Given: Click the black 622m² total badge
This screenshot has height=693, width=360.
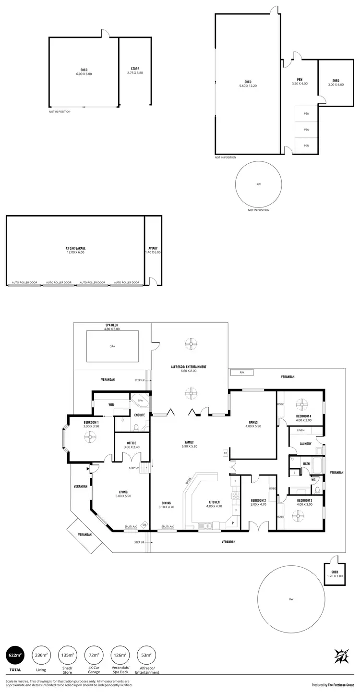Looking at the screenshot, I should [14, 655].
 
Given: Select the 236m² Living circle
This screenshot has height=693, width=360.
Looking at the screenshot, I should [41, 655].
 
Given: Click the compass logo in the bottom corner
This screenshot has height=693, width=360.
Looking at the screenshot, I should [341, 656].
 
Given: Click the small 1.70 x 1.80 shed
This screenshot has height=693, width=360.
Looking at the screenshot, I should [335, 574].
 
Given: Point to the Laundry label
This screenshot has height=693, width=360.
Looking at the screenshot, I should [306, 444].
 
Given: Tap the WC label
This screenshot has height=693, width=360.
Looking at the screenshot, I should [313, 479].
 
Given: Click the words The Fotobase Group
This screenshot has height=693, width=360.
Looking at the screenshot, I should [341, 685].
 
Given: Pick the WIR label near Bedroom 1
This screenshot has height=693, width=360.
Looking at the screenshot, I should [111, 405].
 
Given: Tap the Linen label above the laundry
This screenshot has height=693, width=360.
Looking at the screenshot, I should [300, 431].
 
